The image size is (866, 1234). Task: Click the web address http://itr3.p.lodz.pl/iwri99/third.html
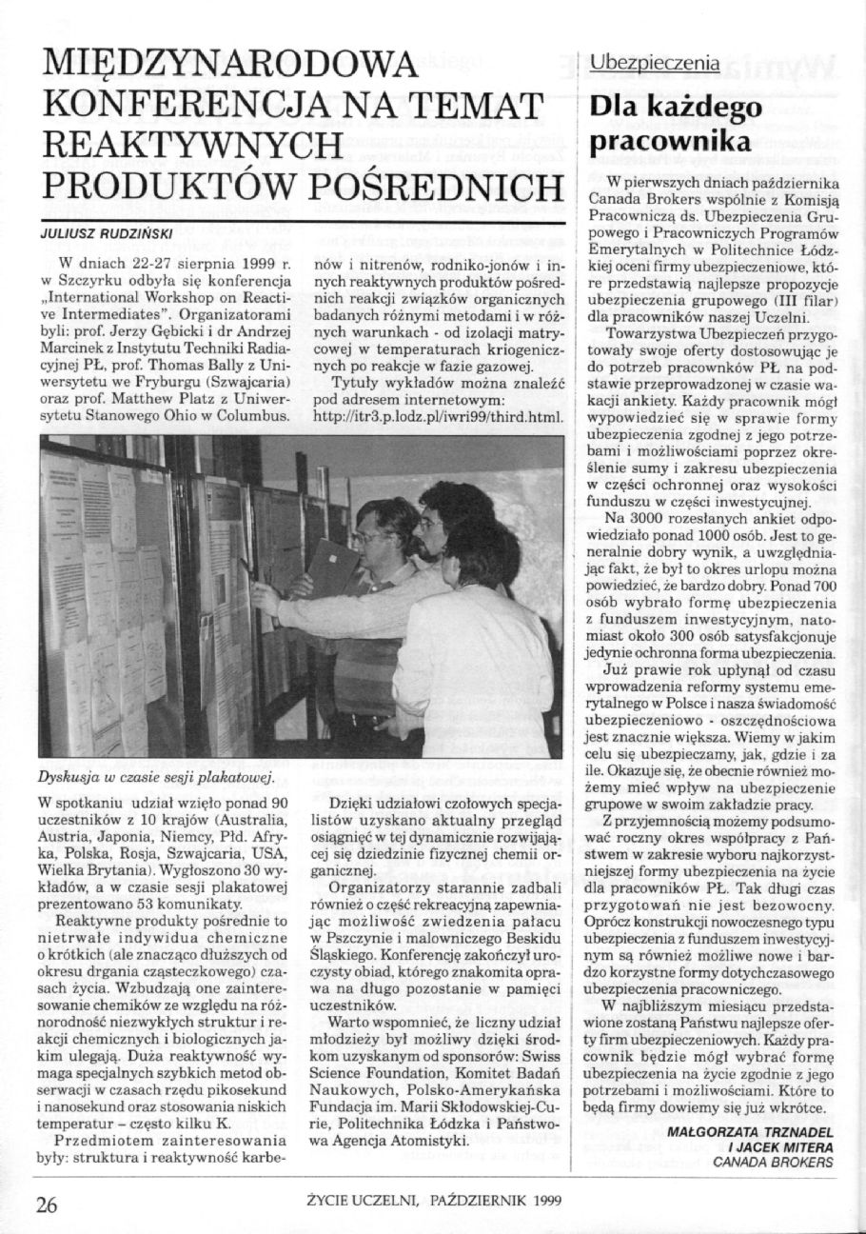pyautogui.click(x=443, y=416)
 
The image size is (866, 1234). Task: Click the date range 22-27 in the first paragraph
pyautogui.click(x=147, y=260)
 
